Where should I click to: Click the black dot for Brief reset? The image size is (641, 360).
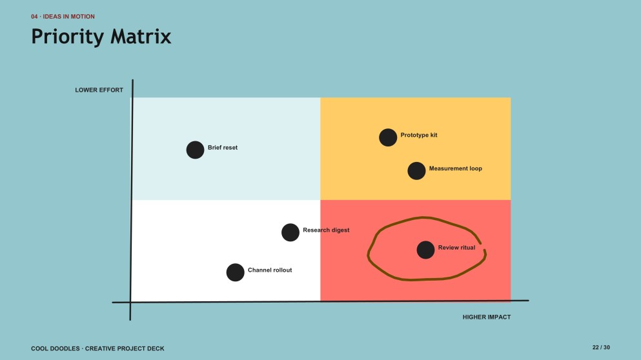(x=195, y=150)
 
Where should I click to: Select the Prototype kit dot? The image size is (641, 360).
(x=388, y=137)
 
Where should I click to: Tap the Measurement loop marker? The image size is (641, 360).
(x=416, y=171)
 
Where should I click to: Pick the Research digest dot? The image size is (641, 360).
(x=290, y=232)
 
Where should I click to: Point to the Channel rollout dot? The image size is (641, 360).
(x=235, y=272)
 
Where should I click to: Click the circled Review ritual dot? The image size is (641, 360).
(x=425, y=250)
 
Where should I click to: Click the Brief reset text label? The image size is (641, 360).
(x=223, y=148)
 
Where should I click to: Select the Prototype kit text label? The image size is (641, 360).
(x=418, y=135)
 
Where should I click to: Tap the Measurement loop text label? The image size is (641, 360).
(x=455, y=168)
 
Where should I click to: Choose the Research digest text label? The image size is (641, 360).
(x=326, y=230)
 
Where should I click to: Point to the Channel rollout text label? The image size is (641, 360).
(x=270, y=270)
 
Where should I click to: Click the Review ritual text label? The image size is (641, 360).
(x=456, y=248)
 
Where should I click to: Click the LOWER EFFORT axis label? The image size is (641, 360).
(x=99, y=90)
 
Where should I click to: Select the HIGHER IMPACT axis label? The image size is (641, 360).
(x=487, y=317)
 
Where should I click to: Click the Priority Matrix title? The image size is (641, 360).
(x=101, y=36)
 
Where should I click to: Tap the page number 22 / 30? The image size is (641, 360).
(x=601, y=347)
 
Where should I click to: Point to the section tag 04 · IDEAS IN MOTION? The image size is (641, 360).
(x=63, y=17)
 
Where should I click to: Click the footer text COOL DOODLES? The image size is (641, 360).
(x=55, y=348)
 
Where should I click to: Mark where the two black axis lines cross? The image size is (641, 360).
(x=131, y=303)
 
